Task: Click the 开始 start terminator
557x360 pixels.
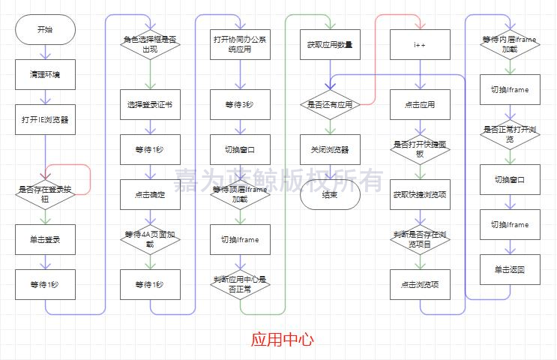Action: (x=45, y=30)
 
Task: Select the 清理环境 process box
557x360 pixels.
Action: (x=45, y=75)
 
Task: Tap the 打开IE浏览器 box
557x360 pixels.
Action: (x=45, y=119)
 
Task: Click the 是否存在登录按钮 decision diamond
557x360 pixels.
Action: (x=45, y=194)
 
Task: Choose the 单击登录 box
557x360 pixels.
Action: (x=45, y=239)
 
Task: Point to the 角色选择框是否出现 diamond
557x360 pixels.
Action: (x=150, y=44)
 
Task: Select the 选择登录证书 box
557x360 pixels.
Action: (x=150, y=104)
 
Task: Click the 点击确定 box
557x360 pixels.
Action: (x=150, y=194)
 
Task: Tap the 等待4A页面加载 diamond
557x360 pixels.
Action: (x=150, y=239)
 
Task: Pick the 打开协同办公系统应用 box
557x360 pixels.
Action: (x=240, y=44)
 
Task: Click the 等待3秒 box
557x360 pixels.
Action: (x=240, y=104)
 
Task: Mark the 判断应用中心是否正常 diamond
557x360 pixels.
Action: (x=240, y=284)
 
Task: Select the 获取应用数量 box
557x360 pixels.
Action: (x=330, y=44)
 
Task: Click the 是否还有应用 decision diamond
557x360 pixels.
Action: (x=330, y=104)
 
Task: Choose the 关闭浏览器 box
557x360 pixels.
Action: (x=330, y=149)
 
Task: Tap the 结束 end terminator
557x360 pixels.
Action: (x=330, y=194)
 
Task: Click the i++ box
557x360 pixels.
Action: (x=420, y=44)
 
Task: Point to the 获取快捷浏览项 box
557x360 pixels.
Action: (x=420, y=194)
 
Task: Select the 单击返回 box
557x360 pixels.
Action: (x=510, y=269)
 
